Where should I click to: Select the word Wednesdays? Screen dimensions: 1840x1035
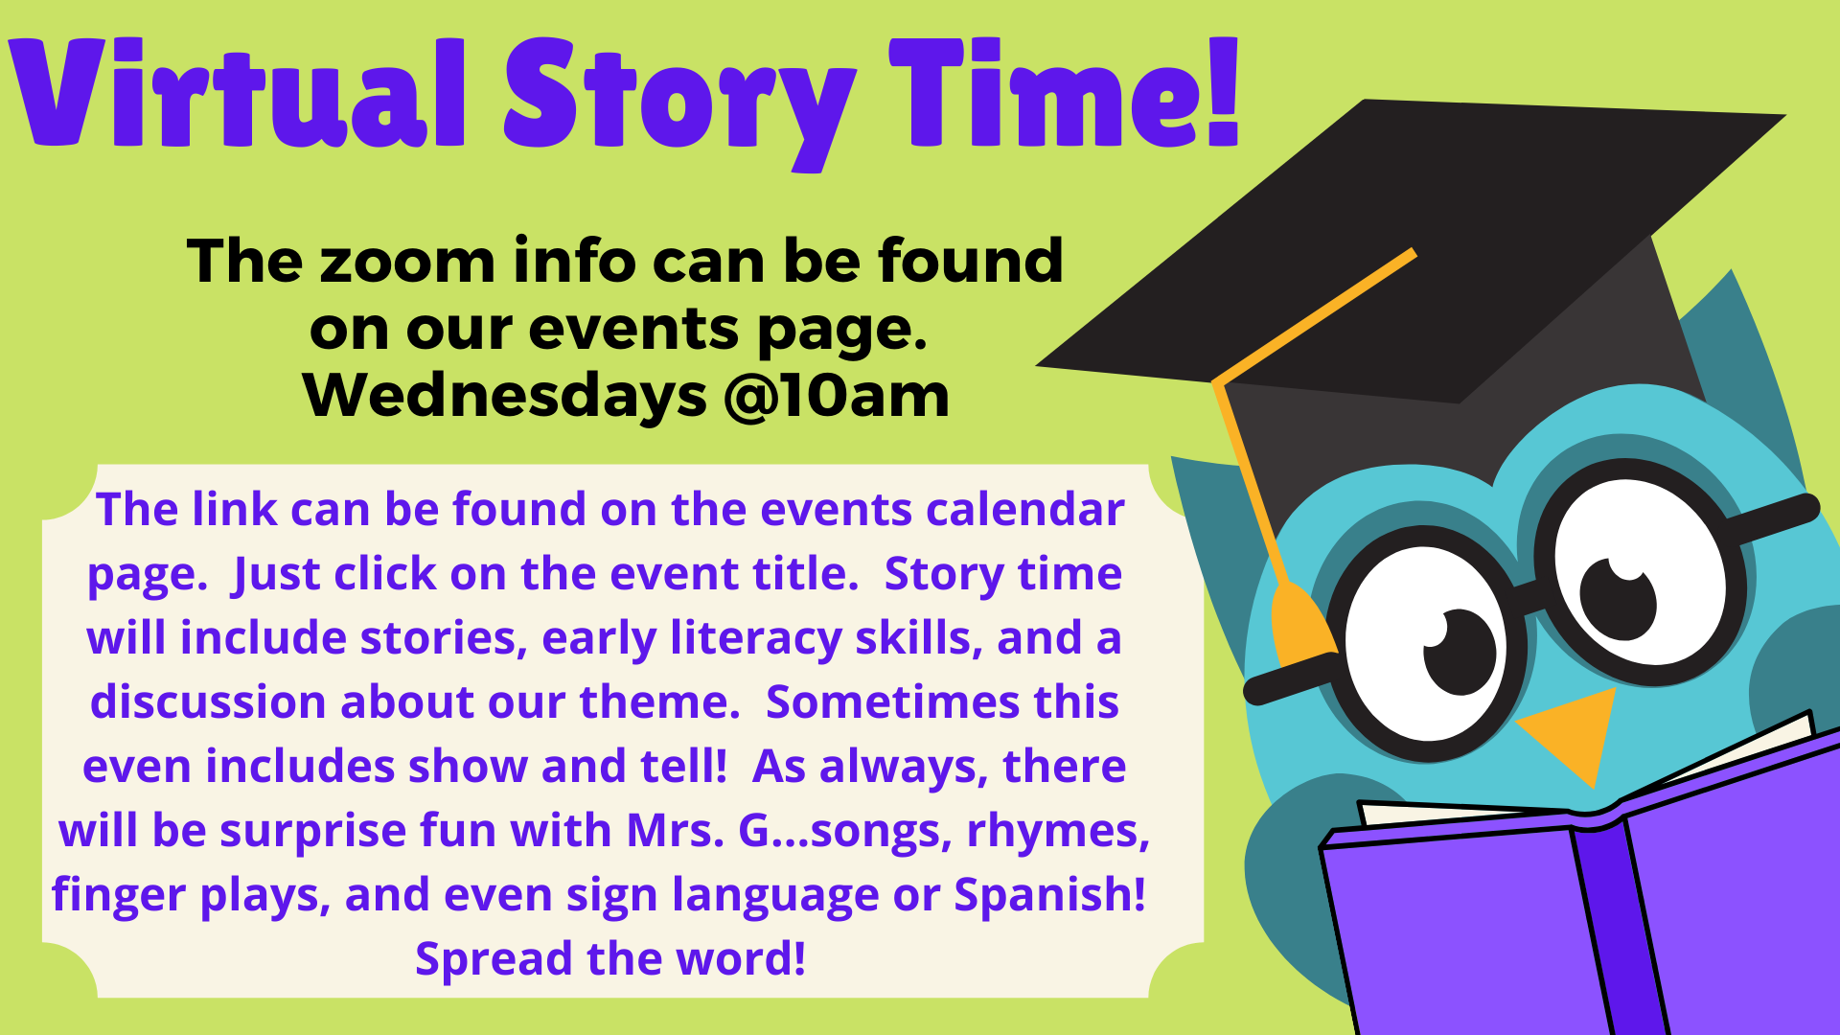(504, 395)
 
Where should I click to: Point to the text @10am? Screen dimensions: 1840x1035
(837, 395)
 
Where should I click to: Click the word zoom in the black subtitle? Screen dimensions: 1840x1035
(407, 263)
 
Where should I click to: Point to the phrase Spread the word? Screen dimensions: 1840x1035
(610, 958)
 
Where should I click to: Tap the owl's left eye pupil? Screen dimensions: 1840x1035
(1460, 652)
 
